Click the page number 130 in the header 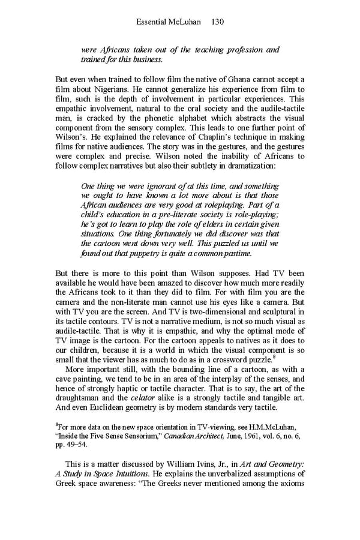[x=218, y=22]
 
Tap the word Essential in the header [x=152, y=22]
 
